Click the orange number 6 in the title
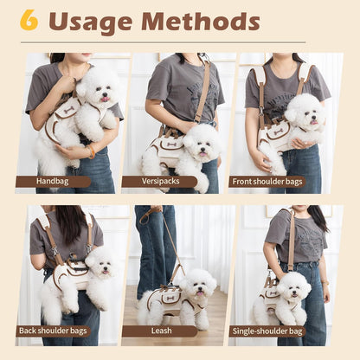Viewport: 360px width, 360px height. pos(29,20)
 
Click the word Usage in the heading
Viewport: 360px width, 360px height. pos(89,22)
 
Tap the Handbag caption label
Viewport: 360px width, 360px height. pos(53,182)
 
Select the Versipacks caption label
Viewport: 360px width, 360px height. pos(158,182)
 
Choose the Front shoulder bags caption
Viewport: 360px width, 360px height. pos(267,182)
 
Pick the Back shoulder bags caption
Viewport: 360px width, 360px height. pos(53,331)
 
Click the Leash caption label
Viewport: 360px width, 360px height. pos(158,331)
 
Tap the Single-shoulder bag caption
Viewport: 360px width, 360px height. pos(267,331)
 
